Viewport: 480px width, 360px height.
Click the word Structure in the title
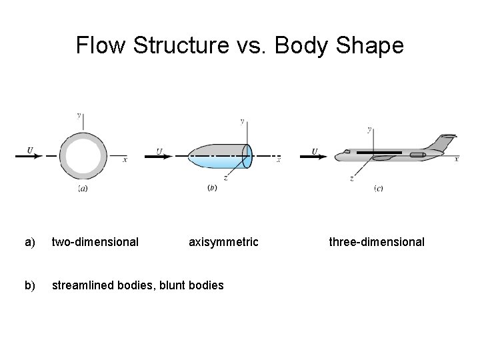pyautogui.click(x=174, y=45)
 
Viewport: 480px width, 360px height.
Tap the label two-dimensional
pyautogui.click(x=95, y=242)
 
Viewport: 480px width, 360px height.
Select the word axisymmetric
pyautogui.click(x=223, y=242)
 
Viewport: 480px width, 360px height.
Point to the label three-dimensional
pyautogui.click(x=377, y=242)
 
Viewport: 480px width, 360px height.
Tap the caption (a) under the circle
pyautogui.click(x=83, y=189)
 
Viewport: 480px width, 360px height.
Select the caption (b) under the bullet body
pyautogui.click(x=213, y=189)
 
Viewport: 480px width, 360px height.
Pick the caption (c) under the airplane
pyautogui.click(x=378, y=189)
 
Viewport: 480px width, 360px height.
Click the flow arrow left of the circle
pyautogui.click(x=30, y=156)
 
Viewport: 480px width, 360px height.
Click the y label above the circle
pyautogui.click(x=79, y=115)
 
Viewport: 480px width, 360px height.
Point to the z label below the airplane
pyautogui.click(x=351, y=179)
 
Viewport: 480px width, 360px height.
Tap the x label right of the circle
pyautogui.click(x=125, y=159)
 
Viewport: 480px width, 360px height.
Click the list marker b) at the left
pyautogui.click(x=29, y=285)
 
